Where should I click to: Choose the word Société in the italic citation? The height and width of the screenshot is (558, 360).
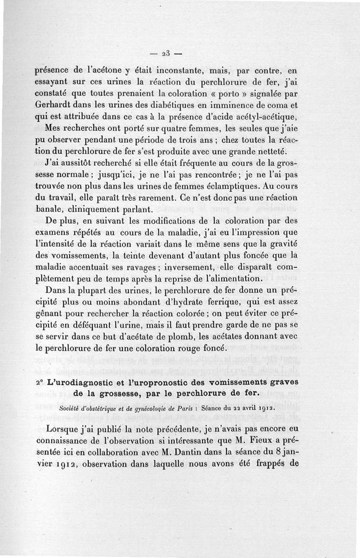[x=70, y=409]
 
